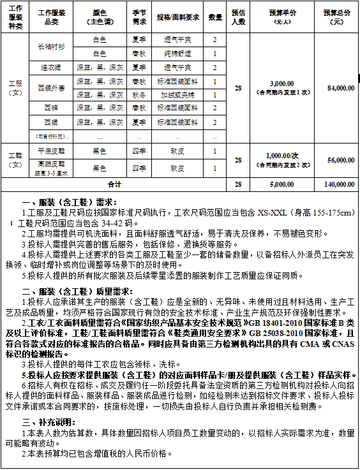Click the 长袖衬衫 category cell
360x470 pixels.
tap(52, 47)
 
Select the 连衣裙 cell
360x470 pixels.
tap(52, 67)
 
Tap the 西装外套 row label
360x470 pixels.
tap(52, 87)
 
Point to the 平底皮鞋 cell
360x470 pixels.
tap(52, 151)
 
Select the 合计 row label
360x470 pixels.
tap(114, 184)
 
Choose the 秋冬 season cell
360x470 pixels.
tap(139, 94)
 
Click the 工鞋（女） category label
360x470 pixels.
tap(15, 160)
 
